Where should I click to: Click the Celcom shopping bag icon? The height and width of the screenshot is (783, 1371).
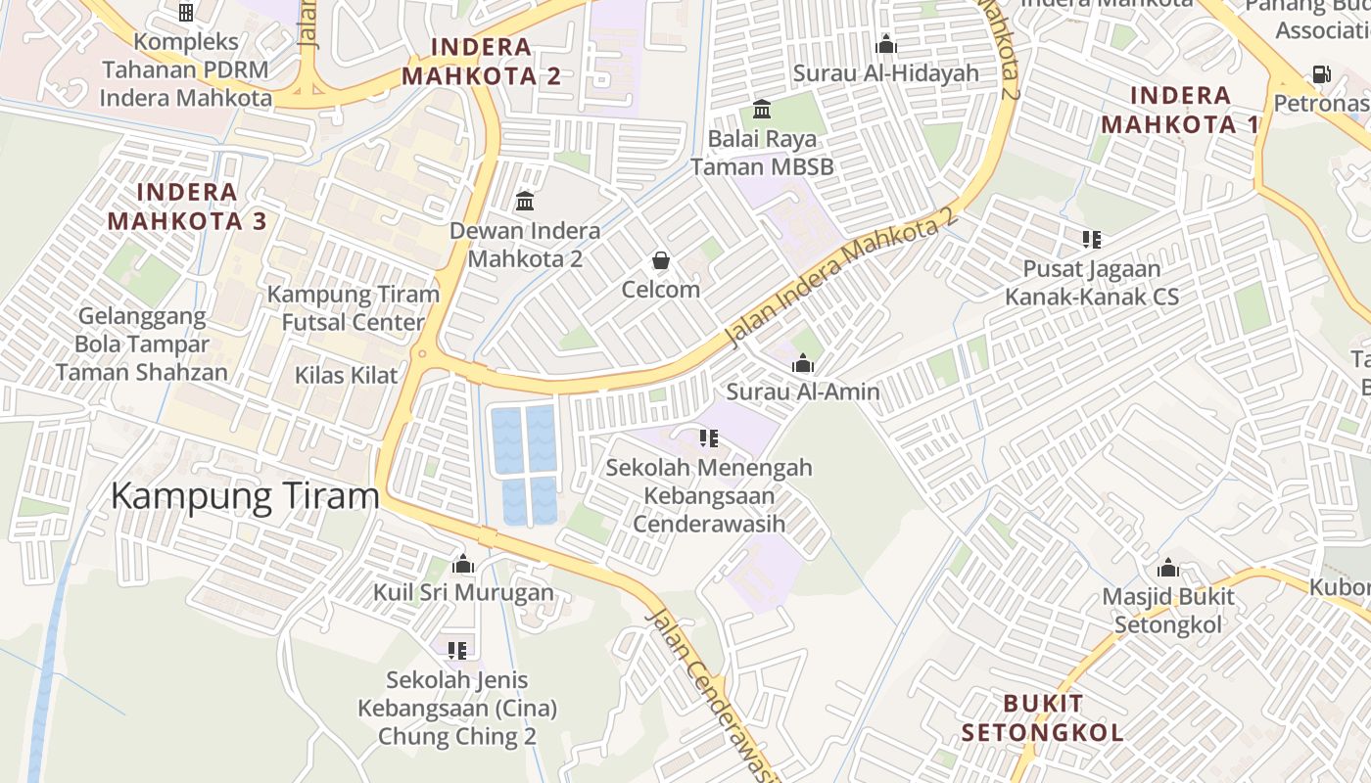tap(661, 260)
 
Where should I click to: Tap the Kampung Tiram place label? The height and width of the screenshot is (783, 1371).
tap(244, 496)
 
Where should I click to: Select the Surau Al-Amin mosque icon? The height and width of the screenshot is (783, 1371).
tap(803, 364)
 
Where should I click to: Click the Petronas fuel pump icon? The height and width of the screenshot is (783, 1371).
tap(1321, 74)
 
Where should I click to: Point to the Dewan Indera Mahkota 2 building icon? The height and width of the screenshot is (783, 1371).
tap(525, 202)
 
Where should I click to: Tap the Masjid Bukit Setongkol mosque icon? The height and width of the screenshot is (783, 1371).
tap(1167, 568)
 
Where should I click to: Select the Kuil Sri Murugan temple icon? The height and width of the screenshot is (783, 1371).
tap(463, 565)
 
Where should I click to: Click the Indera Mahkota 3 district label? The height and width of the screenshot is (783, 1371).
tap(186, 207)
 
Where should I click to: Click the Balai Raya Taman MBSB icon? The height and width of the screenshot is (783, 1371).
tap(762, 109)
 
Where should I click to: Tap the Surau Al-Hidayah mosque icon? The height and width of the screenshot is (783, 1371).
tap(886, 44)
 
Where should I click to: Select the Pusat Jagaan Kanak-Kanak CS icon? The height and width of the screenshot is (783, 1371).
tap(1092, 240)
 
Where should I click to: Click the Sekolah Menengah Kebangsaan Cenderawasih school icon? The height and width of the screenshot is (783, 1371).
tap(709, 438)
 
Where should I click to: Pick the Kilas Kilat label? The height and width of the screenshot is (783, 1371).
tap(347, 375)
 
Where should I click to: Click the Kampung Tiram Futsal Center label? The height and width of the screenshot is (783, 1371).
tap(354, 308)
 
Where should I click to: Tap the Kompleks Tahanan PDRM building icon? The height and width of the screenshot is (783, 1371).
tap(185, 13)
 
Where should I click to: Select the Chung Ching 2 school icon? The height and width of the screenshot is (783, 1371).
tap(456, 650)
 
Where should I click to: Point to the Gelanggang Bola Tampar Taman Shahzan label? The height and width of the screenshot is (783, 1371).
tap(142, 345)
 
